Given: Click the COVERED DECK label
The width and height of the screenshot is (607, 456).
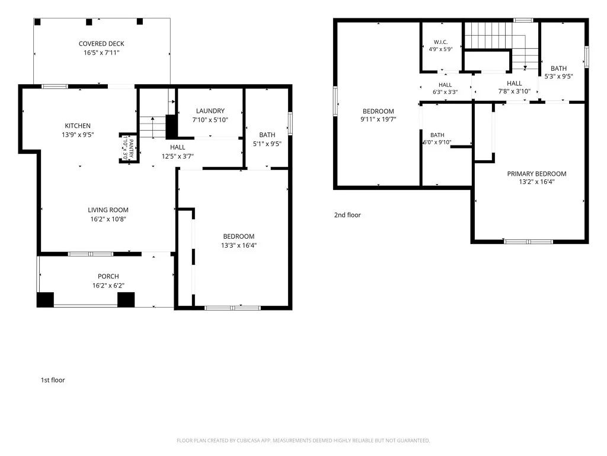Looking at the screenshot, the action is click(x=101, y=44).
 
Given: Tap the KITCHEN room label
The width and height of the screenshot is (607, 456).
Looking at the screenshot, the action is click(x=78, y=126).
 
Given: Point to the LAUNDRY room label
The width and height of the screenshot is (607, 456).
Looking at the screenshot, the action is click(x=210, y=111).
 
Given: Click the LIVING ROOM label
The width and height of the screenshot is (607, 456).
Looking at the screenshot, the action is click(x=108, y=210).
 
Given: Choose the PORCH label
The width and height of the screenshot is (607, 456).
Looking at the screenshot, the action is click(x=108, y=276).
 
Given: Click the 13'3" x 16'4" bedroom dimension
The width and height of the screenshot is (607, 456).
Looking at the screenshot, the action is click(x=239, y=245).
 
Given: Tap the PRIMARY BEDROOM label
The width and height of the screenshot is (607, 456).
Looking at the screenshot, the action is click(x=536, y=174).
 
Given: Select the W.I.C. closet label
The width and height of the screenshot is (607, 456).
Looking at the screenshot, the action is click(x=440, y=42).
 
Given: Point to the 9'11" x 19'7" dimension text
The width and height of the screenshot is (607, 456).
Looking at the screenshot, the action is click(x=378, y=119).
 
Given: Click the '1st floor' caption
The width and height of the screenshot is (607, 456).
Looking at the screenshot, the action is click(x=53, y=380).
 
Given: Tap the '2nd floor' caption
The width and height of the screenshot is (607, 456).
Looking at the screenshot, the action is click(x=347, y=215).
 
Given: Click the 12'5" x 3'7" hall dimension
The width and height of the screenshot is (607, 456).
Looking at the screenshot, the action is click(x=178, y=156).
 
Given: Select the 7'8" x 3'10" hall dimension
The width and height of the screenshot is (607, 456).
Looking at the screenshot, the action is click(x=514, y=91).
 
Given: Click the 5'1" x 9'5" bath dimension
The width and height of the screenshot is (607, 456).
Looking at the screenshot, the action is click(x=267, y=144).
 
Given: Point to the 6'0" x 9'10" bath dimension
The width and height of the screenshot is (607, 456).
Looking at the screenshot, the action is click(x=437, y=142).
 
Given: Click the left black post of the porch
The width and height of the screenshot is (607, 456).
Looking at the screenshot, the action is click(x=45, y=300).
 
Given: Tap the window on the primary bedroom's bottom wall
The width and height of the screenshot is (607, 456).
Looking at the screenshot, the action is click(x=528, y=242).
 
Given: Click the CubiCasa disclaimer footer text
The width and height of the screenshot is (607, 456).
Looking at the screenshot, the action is click(x=303, y=441).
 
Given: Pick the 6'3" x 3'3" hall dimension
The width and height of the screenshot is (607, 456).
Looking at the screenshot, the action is click(x=445, y=92).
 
